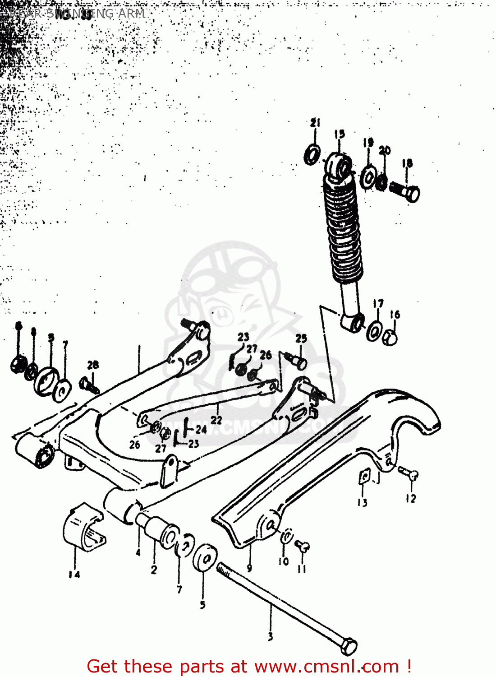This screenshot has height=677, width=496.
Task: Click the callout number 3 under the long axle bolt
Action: click(x=270, y=637)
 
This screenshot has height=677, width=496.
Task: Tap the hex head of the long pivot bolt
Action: click(x=349, y=646)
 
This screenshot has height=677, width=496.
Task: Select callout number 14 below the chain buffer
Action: click(x=74, y=575)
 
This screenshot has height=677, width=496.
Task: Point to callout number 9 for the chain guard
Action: click(x=249, y=568)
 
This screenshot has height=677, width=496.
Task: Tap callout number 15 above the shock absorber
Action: click(x=340, y=134)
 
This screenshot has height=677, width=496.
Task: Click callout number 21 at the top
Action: click(x=315, y=122)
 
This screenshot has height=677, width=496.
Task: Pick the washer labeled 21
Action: click(x=312, y=154)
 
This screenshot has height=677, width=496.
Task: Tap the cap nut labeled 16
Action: click(x=390, y=337)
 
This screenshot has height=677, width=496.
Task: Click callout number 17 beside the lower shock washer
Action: click(x=378, y=304)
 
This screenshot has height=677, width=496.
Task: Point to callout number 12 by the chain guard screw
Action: click(x=410, y=498)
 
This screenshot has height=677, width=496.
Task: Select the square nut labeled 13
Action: click(x=364, y=477)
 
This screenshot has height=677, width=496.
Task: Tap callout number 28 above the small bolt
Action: click(x=93, y=365)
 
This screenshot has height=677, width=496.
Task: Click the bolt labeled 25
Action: click(x=296, y=361)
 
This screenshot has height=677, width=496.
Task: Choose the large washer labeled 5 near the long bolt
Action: click(x=205, y=558)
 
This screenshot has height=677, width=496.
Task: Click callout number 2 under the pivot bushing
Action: click(x=154, y=570)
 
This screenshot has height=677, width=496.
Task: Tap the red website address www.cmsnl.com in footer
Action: click(x=327, y=666)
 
